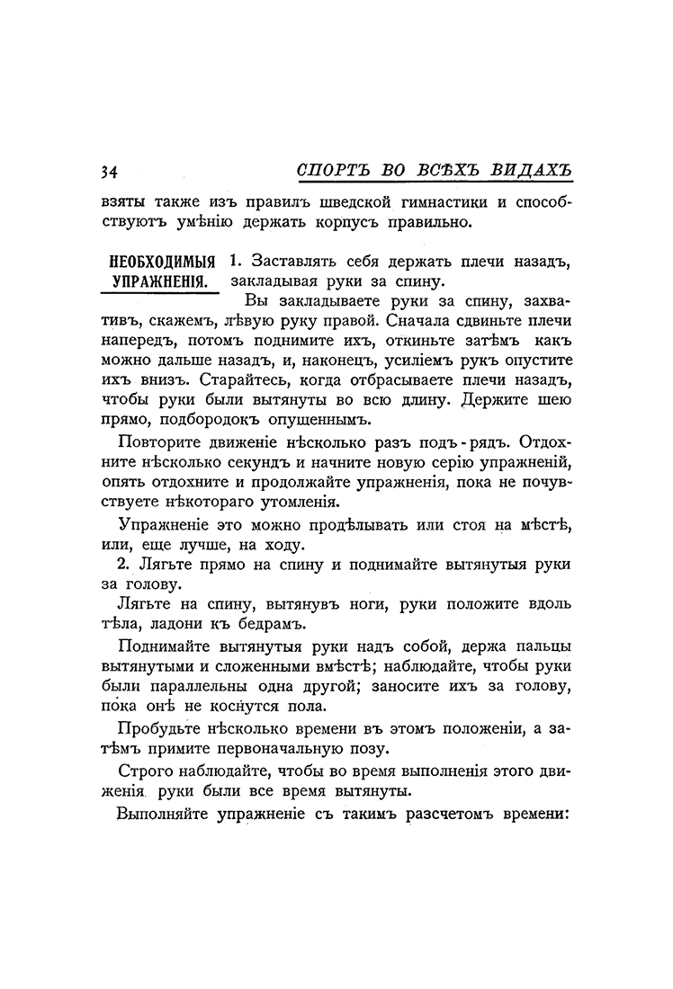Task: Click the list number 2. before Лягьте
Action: (x=125, y=566)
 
